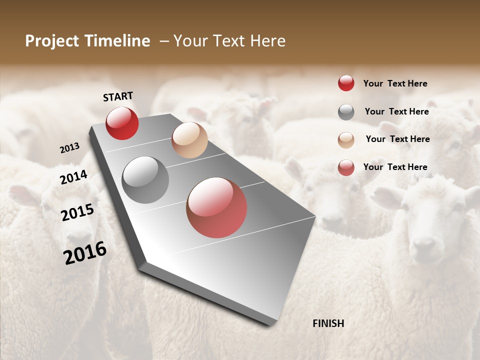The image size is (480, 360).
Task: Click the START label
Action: click(x=118, y=96)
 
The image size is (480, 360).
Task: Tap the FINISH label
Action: click(x=328, y=323)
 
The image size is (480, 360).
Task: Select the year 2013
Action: click(x=70, y=148)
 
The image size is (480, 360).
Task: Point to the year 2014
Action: click(x=74, y=177)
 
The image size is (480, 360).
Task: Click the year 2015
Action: click(x=77, y=212)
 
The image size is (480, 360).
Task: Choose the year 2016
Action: click(x=85, y=253)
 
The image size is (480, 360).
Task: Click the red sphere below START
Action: click(x=122, y=123)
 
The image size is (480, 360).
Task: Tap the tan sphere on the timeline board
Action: click(x=189, y=140)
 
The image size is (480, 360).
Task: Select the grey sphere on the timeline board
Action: click(x=145, y=180)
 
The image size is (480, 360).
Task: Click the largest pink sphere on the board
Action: click(x=216, y=207)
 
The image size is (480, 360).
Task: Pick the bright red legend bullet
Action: click(x=346, y=83)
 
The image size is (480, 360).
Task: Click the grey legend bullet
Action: click(x=346, y=112)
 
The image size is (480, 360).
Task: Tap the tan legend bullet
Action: click(x=346, y=140)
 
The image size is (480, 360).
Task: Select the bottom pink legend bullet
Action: click(x=346, y=167)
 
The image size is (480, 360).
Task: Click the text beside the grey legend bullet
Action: click(x=396, y=111)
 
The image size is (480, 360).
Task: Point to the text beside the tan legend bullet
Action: click(x=397, y=139)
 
